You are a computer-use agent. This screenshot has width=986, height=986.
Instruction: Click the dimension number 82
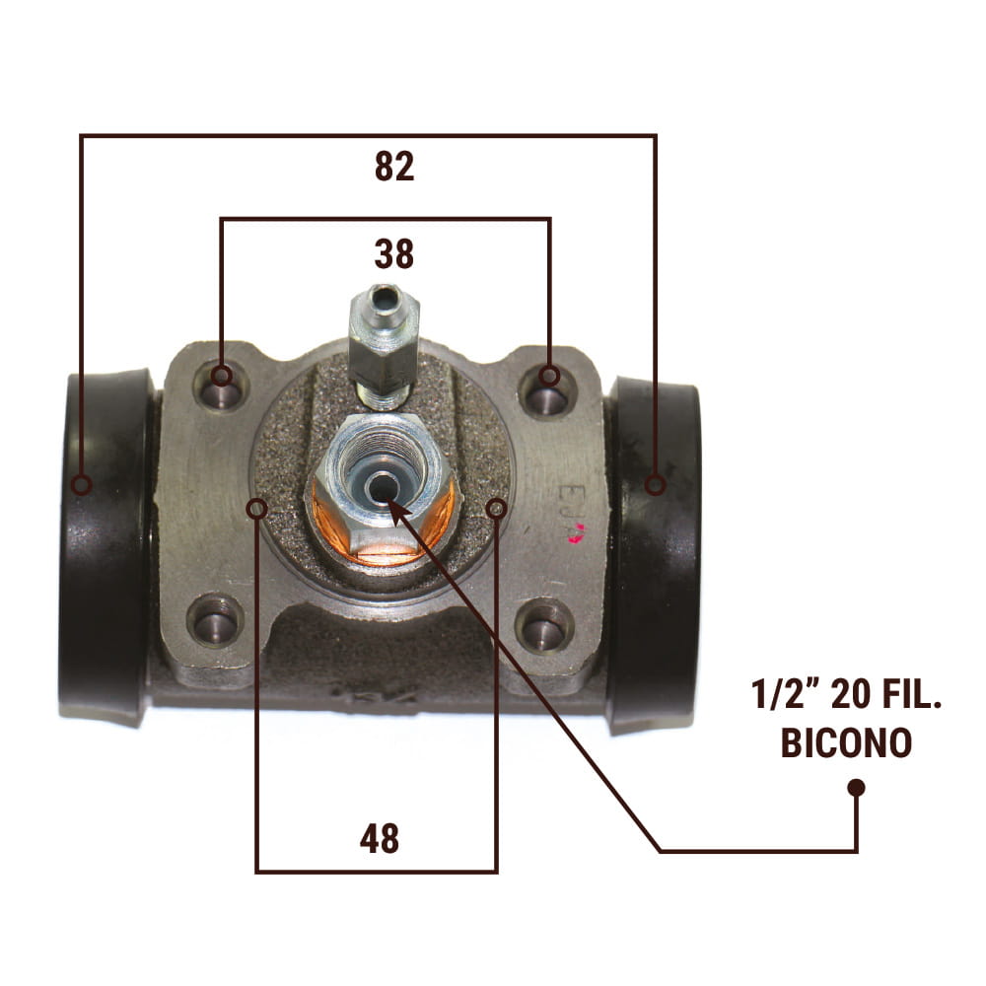[x=394, y=167]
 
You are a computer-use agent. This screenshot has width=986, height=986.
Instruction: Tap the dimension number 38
[x=394, y=254]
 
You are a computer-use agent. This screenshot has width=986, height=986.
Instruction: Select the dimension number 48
[x=380, y=838]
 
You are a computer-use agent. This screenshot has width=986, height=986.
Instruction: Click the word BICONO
[x=846, y=742]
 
